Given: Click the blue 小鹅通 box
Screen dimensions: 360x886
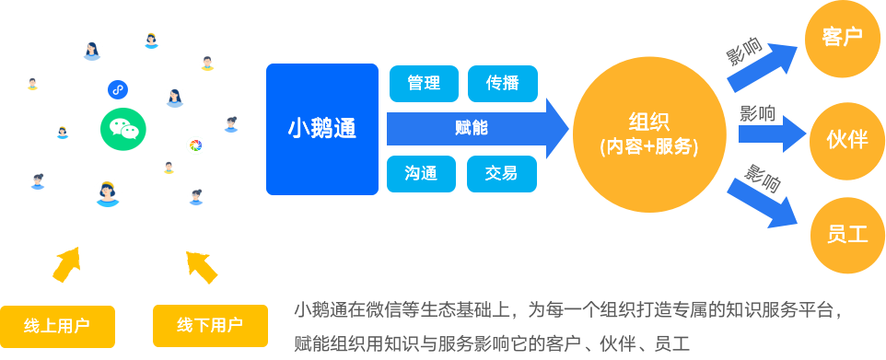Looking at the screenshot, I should coord(322,129).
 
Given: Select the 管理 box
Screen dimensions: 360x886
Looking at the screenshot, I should coord(424,83).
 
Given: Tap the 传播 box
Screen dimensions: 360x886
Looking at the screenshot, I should coord(502,83).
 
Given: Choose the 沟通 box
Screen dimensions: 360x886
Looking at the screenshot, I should coord(424,173).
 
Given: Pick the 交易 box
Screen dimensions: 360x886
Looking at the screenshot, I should coord(502,173).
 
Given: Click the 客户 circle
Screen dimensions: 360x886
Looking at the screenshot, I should coord(841,38).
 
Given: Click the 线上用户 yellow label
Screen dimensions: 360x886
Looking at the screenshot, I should coord(57,325).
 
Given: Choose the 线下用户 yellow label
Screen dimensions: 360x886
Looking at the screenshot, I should coord(210,325).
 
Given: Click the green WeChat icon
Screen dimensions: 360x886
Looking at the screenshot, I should coord(122,129).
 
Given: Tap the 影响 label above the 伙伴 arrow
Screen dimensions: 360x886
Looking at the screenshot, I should coord(757,114).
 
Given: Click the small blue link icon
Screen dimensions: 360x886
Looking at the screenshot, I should coord(117,88).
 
